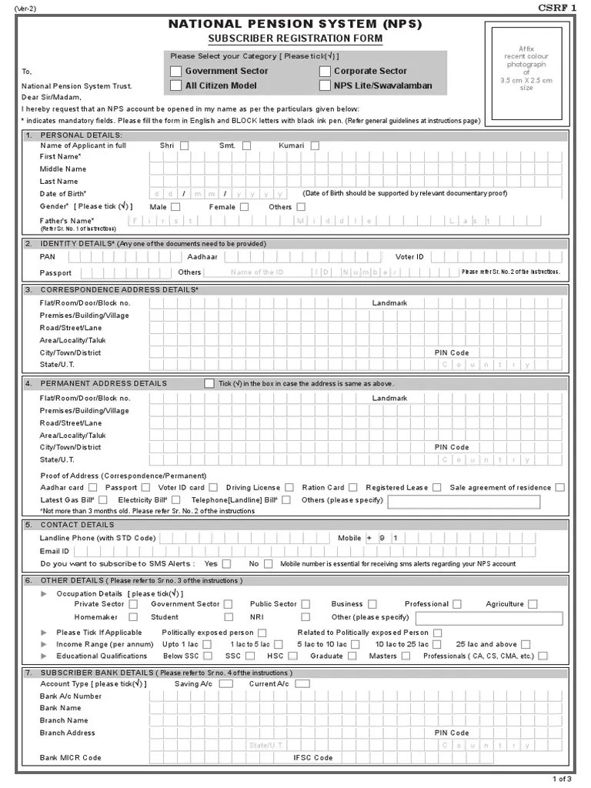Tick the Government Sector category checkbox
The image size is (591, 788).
click(x=175, y=72)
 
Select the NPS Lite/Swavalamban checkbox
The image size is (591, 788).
click(x=324, y=86)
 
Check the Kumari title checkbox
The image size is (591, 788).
click(x=315, y=145)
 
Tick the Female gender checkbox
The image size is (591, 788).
click(x=244, y=206)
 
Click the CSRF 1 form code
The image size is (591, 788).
click(x=556, y=7)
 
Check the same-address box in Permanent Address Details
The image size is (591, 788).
click(x=209, y=383)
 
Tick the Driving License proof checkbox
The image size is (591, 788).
click(x=289, y=487)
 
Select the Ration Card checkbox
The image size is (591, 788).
click(x=352, y=487)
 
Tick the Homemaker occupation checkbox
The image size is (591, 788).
click(x=133, y=617)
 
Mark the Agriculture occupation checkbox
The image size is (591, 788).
click(x=533, y=605)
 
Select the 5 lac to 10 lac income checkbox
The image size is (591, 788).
click(x=353, y=644)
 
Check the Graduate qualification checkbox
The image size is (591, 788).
click(x=352, y=656)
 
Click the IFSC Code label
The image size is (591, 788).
click(x=313, y=758)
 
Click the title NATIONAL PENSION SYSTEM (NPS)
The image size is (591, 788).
click(x=295, y=25)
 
